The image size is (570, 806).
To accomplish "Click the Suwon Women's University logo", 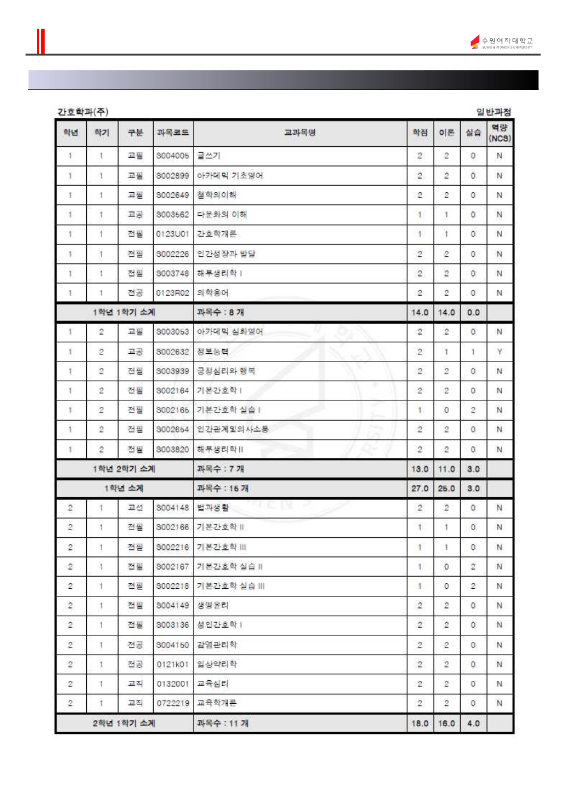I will click(x=501, y=43).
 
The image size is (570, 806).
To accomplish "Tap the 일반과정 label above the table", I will click(x=493, y=112).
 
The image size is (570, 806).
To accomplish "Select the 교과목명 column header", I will click(x=300, y=133).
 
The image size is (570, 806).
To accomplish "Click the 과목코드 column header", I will click(x=172, y=133).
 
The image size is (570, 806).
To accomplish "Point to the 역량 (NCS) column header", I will click(x=500, y=133).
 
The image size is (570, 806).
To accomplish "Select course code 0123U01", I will click(x=172, y=234).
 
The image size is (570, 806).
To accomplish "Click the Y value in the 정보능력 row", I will click(x=500, y=351).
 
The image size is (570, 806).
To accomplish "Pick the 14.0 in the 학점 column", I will click(x=419, y=312).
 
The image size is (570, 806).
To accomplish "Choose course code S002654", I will click(x=172, y=430).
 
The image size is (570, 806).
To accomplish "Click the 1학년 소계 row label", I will click(x=124, y=489).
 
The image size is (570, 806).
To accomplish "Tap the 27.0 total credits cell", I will click(x=419, y=489).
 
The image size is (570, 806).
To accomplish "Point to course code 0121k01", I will click(x=172, y=664).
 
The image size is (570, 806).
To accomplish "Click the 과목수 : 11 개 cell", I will click(x=223, y=723).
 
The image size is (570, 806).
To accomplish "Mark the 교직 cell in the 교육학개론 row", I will click(x=135, y=703).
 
